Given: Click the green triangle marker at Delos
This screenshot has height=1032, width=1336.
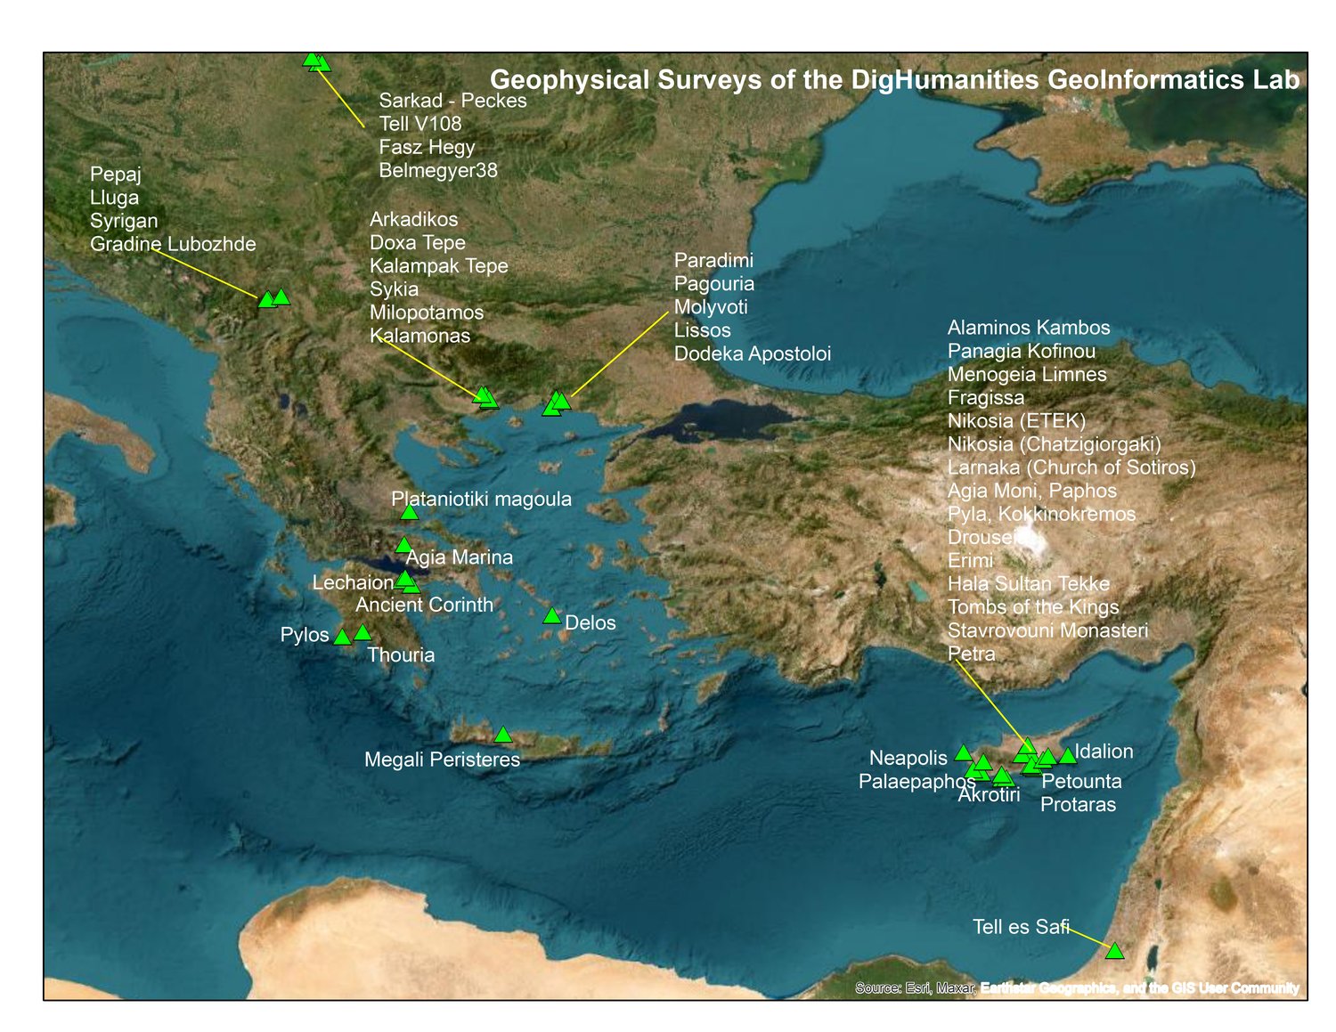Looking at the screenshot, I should coord(551,616).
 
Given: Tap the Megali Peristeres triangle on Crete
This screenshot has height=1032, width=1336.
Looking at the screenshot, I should coord(503,735).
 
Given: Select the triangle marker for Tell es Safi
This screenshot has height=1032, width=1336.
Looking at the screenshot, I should coord(1114,951).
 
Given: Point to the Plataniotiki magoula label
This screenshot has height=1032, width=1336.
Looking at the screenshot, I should coord(481,500).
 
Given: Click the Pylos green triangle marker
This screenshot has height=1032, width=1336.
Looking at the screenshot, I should coord(342,637).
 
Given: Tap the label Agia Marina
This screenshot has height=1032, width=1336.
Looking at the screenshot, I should coord(460,557).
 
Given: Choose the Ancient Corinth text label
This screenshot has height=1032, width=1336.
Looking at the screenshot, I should coord(424,605).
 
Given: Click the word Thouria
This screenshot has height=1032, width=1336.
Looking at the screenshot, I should coord(401,655).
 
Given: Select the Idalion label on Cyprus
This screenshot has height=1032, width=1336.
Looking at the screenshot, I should coord(1104,752).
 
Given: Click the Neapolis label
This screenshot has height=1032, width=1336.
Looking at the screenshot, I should coord(908,758).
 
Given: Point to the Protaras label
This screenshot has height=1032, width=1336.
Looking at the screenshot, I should coord(1078,805).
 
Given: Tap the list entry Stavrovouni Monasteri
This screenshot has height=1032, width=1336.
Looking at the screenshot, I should coord(1047,630).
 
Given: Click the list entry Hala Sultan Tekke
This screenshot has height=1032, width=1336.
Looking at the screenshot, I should coord(1029,584).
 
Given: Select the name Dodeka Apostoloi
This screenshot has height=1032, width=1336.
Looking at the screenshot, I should coord(752,353).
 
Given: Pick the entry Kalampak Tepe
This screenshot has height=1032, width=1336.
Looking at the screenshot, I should coord(438,266).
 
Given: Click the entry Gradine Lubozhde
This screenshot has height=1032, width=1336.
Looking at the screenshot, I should coord(173,244).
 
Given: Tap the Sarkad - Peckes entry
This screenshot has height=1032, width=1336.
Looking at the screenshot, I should coord(452,101).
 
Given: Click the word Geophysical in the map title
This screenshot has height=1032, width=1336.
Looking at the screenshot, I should coord(570,80).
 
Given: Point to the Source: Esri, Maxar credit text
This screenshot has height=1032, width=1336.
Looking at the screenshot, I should coord(916,987).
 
